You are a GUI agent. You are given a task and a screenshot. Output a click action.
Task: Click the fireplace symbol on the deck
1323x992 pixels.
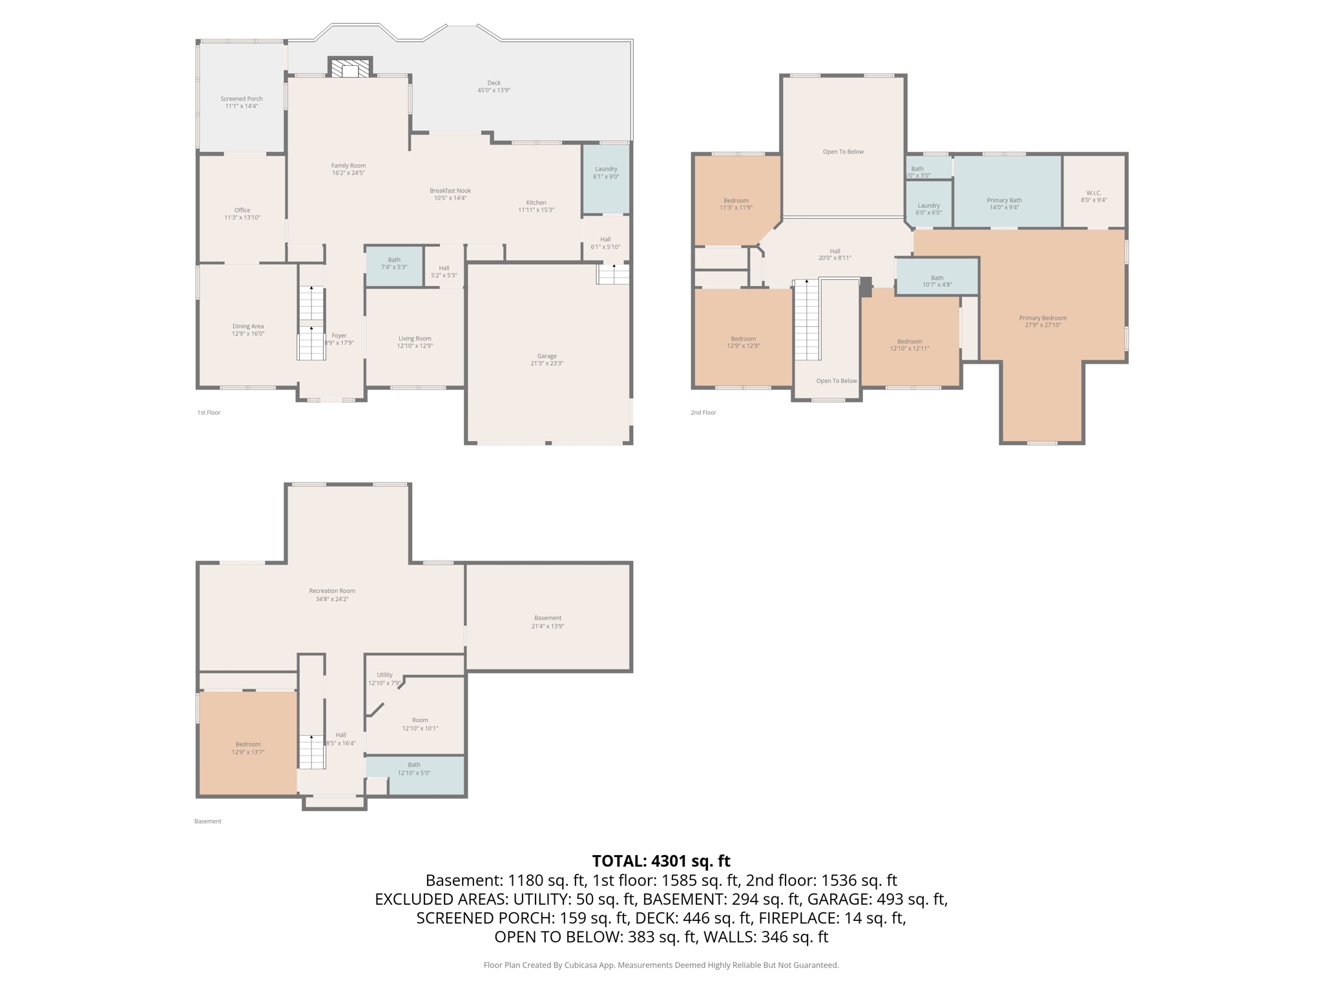tap(350, 68)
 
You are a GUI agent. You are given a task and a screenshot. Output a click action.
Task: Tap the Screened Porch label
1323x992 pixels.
tap(242, 99)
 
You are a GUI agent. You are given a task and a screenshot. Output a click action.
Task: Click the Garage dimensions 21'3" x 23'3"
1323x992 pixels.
tap(547, 364)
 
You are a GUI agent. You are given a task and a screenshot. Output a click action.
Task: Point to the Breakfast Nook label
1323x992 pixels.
tap(450, 191)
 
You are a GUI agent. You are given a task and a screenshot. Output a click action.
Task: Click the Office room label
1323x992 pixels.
tap(242, 210)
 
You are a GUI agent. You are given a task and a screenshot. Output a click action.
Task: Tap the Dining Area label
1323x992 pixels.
tap(248, 326)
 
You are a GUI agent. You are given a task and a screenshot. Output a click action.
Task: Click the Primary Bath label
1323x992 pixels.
tap(1004, 200)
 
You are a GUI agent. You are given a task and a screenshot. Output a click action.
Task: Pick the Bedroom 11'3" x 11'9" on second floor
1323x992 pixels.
tap(736, 204)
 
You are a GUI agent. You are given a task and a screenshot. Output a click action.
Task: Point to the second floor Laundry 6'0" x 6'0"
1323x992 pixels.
tap(928, 209)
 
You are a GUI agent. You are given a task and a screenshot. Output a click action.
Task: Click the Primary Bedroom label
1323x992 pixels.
tap(1043, 318)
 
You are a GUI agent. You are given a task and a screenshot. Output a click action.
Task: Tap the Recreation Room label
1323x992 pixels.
tap(332, 590)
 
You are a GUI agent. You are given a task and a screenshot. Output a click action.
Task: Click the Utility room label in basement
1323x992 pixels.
tap(384, 674)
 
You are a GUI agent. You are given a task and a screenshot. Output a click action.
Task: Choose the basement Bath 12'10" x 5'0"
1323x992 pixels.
tap(414, 769)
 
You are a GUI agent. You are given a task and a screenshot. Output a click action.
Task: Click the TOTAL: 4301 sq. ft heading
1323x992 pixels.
tap(661, 861)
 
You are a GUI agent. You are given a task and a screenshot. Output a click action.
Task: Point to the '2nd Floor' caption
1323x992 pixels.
tap(703, 412)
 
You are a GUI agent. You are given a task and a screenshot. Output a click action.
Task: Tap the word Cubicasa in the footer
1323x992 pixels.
tap(580, 965)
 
